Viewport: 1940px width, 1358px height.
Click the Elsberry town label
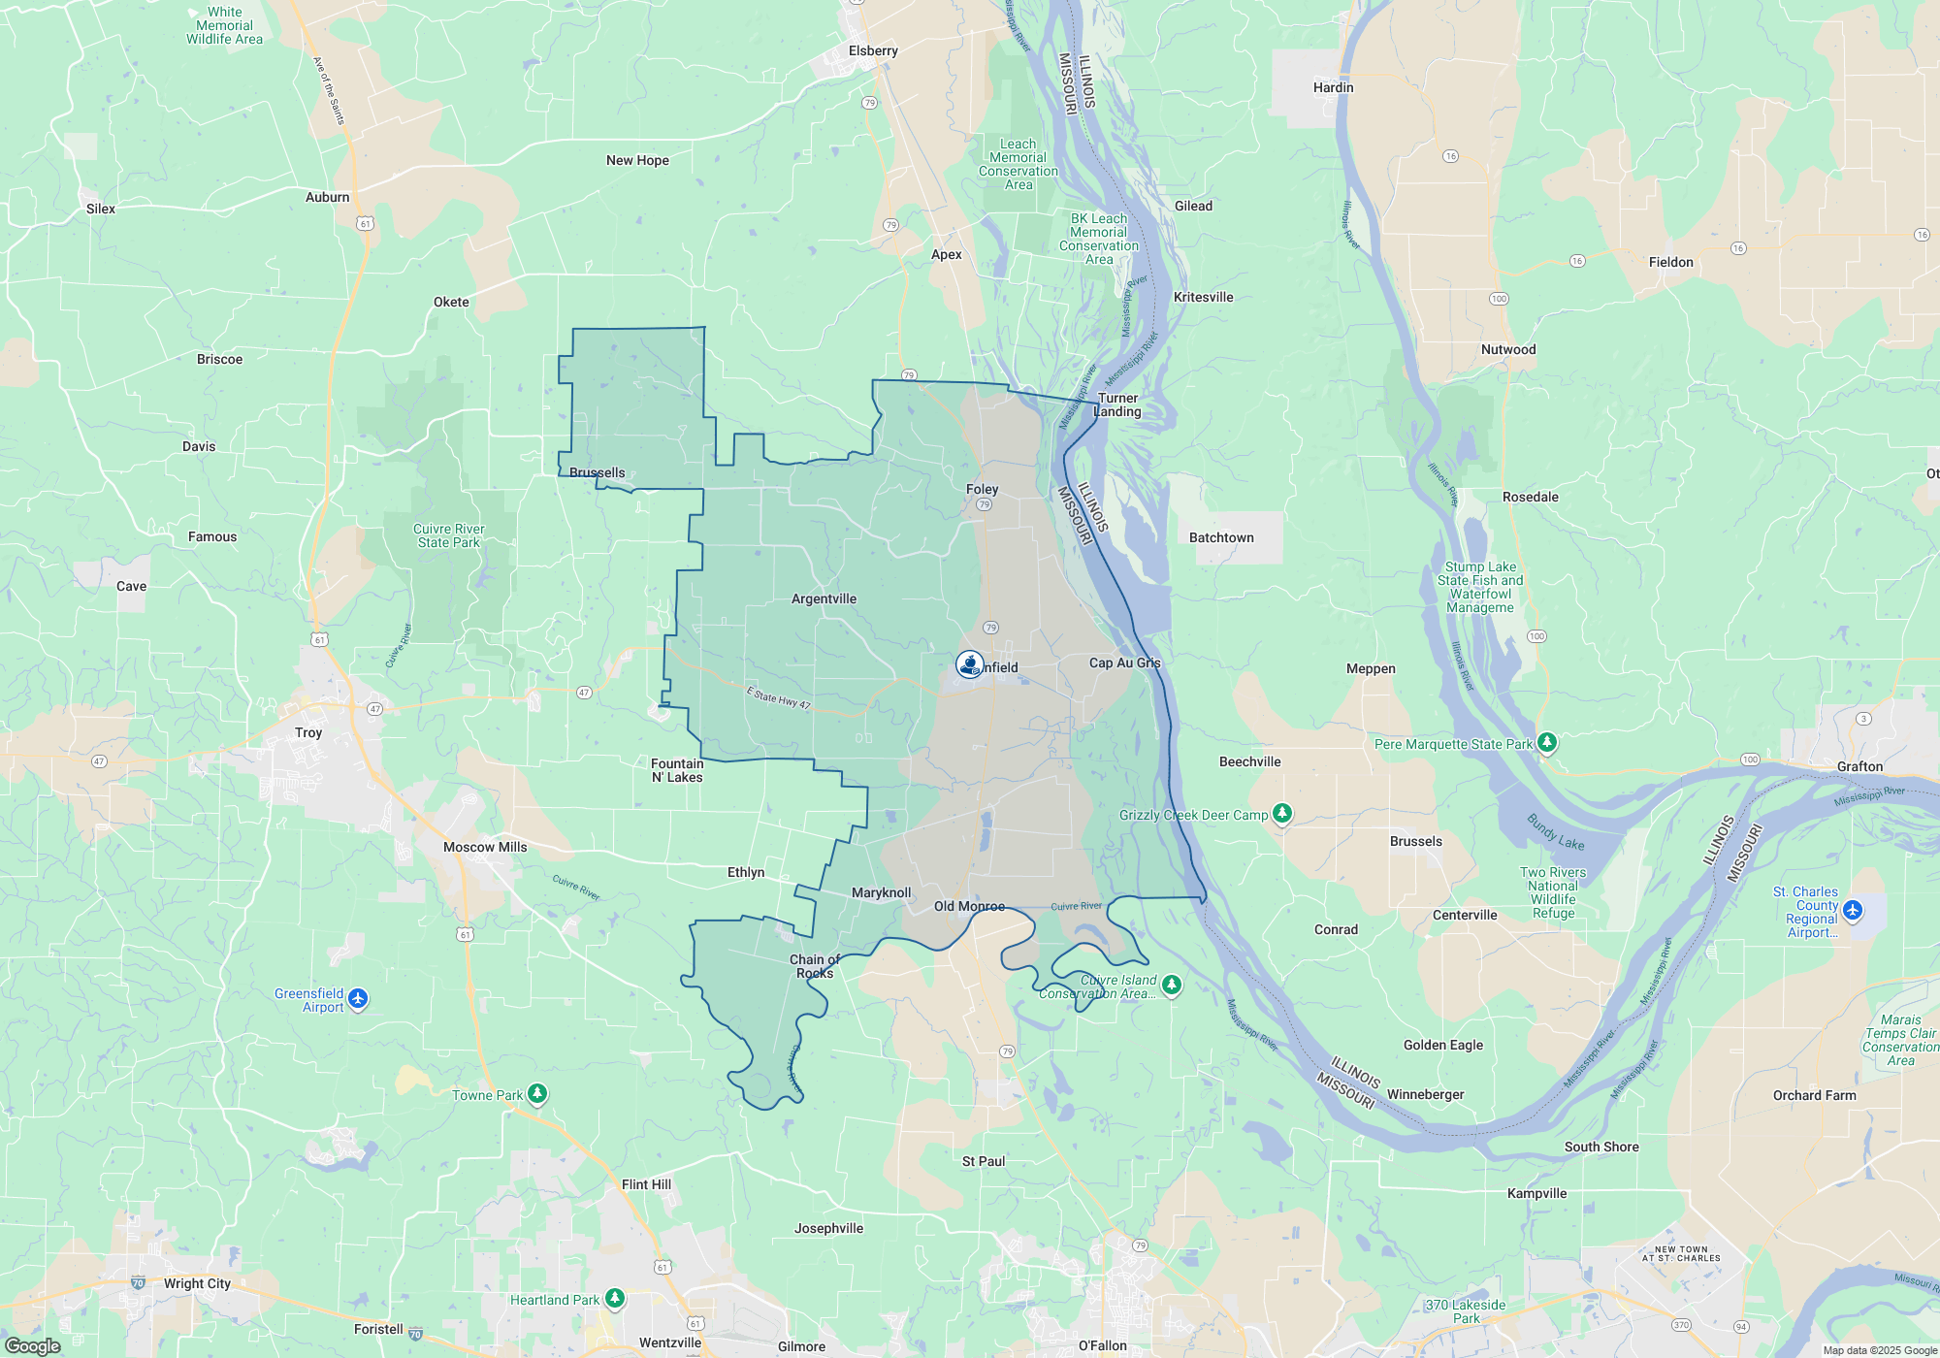point(873,50)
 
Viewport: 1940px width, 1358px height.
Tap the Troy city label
point(308,732)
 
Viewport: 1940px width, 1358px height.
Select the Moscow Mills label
point(485,847)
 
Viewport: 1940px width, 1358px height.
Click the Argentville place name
point(824,598)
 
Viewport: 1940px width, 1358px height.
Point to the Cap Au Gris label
point(1124,663)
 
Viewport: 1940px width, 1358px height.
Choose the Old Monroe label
point(969,906)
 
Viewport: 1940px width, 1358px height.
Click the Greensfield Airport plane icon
point(358,998)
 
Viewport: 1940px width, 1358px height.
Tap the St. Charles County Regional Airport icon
point(1853,910)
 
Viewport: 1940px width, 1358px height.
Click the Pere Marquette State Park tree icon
point(1547,743)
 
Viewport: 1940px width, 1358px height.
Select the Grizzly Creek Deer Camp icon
point(1282,813)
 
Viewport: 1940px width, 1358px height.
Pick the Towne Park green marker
point(537,1094)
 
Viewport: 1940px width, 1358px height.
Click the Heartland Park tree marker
point(614,1298)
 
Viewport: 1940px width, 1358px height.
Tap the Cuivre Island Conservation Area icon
point(1172,985)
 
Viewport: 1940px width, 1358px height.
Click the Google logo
point(32,1346)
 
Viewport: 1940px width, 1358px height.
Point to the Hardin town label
point(1333,87)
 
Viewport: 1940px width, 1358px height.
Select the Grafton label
point(1859,766)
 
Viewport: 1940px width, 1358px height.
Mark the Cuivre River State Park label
point(448,535)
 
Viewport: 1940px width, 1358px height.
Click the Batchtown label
point(1221,537)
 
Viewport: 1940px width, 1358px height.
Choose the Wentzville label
point(669,1342)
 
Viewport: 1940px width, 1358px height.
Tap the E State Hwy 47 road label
point(778,697)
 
